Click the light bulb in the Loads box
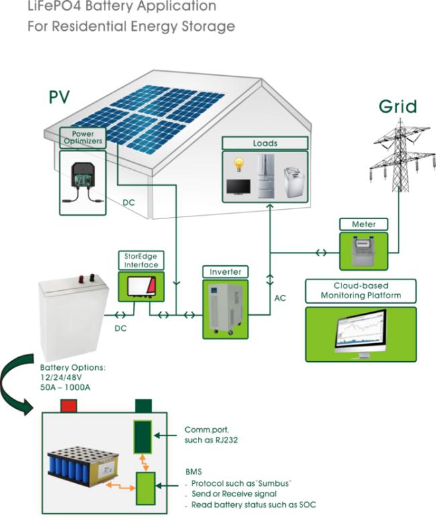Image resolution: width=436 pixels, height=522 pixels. tap(237, 165)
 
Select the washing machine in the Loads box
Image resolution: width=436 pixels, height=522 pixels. tap(293, 182)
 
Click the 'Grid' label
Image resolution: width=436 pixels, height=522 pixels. tap(398, 106)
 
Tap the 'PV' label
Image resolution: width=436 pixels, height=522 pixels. tap(60, 98)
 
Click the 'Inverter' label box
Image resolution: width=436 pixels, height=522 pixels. tap(225, 271)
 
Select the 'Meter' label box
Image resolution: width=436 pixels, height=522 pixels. tap(364, 224)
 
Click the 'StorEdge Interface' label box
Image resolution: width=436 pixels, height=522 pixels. tap(140, 260)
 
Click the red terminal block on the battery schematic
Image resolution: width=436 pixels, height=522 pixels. tap(69, 405)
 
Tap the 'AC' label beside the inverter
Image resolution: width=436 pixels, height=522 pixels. tap(280, 298)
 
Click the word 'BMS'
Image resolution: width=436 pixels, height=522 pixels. tap(193, 472)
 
